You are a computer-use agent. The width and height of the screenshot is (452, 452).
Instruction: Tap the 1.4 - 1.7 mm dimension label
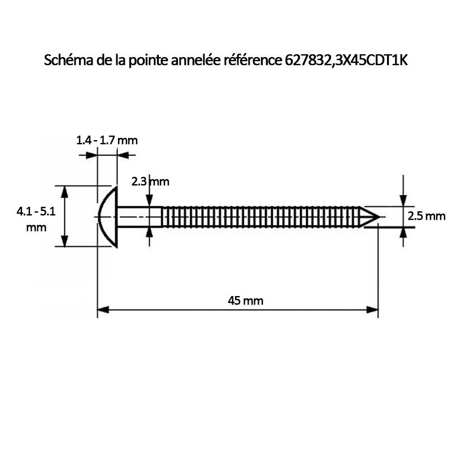(107, 140)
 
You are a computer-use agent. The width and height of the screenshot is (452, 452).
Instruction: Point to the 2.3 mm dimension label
(150, 181)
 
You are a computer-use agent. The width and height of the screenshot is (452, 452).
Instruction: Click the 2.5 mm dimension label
(427, 216)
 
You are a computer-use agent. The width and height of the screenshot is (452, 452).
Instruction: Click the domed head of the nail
(107, 216)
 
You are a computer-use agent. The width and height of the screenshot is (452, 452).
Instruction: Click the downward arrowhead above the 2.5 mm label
(403, 201)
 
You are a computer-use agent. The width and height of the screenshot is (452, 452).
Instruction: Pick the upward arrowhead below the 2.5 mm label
(403, 232)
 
